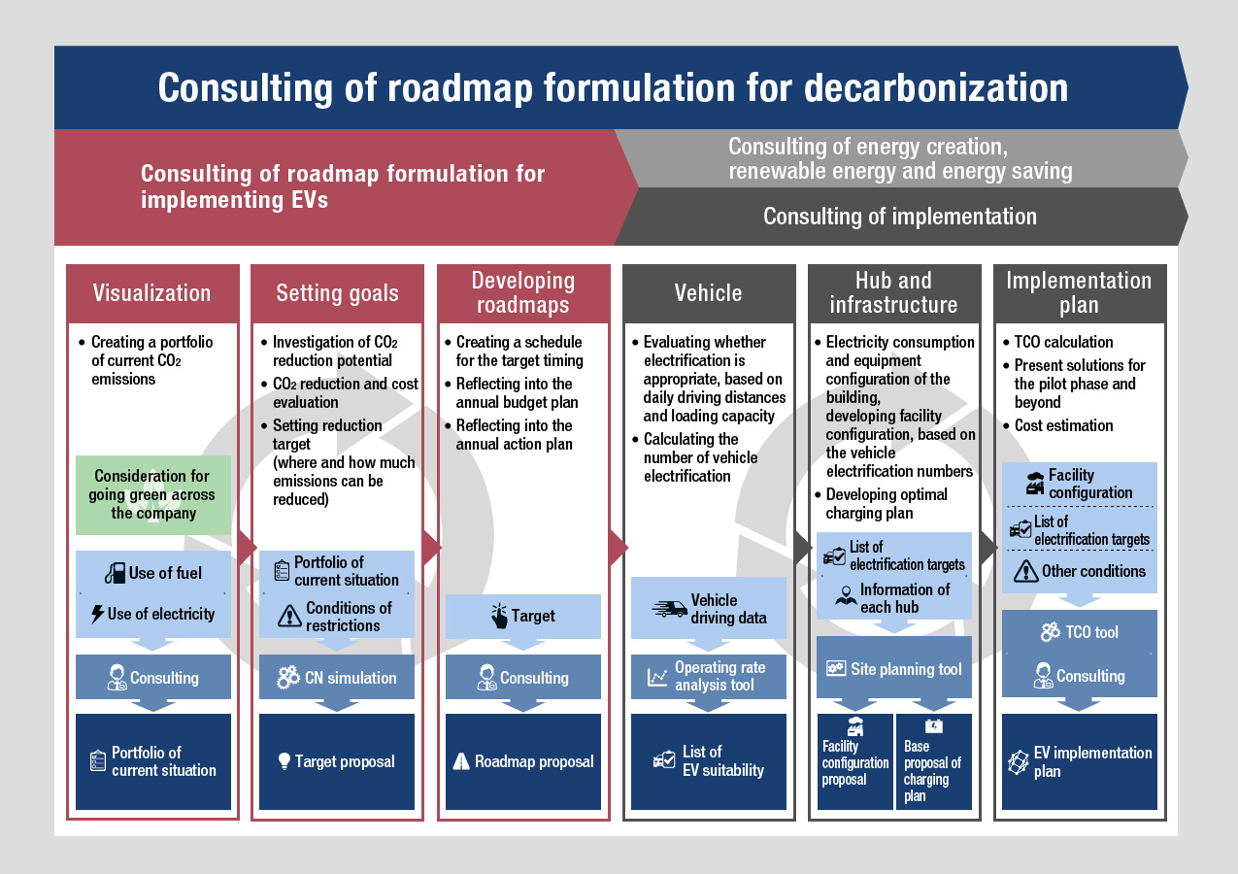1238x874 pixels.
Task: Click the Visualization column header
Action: [152, 293]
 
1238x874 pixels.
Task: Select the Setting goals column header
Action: [337, 293]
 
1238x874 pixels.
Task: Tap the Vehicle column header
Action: [709, 293]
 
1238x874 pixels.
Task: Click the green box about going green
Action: [153, 494]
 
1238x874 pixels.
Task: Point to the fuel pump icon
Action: [115, 573]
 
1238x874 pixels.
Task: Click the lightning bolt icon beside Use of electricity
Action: [97, 614]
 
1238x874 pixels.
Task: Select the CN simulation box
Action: [337, 677]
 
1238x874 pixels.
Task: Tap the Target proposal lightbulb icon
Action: [284, 761]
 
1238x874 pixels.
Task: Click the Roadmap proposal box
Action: [522, 761]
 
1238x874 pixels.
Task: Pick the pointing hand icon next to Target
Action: [499, 616]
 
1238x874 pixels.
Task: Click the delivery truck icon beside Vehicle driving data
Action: [669, 609]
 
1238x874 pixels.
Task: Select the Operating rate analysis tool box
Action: [709, 677]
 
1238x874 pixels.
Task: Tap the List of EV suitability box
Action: [709, 761]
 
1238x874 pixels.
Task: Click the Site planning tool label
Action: [906, 669]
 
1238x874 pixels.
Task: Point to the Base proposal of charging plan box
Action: [933, 761]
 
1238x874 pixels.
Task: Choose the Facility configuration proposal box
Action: [855, 761]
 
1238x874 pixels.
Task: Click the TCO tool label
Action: [1091, 632]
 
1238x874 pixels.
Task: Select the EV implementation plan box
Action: [1080, 761]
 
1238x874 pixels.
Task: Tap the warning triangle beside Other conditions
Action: [1025, 572]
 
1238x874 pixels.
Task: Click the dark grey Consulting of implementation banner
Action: [901, 217]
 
